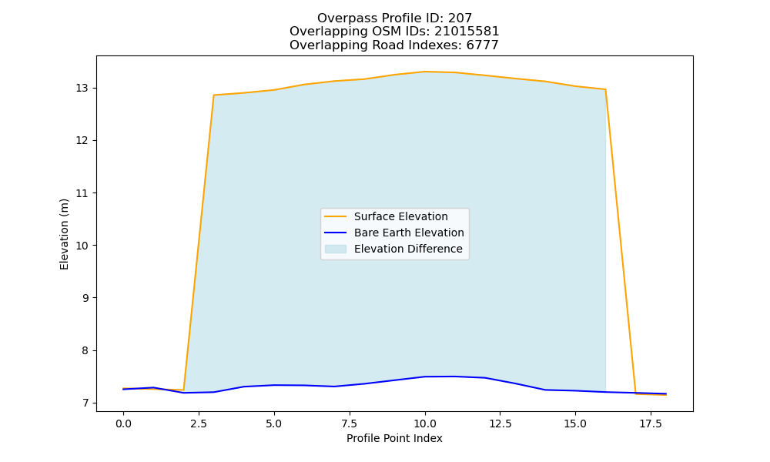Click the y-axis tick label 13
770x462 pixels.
[82, 89]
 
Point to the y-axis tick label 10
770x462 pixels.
[82, 246]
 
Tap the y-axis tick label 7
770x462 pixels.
[85, 403]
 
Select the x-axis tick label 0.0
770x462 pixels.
[123, 423]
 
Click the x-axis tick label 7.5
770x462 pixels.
[349, 423]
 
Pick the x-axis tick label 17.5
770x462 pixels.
[651, 423]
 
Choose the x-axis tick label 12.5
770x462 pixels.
[500, 423]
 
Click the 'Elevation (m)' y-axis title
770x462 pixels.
[64, 234]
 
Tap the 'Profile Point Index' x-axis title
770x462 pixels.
[394, 438]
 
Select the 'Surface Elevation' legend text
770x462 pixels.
[400, 216]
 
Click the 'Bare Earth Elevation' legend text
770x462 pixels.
[409, 233]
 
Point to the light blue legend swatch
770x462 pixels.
[336, 249]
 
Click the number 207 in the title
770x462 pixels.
[460, 18]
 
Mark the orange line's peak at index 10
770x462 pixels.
[425, 72]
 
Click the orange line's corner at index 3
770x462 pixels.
[213, 95]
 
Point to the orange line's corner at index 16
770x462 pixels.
[605, 89]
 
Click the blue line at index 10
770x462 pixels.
[425, 377]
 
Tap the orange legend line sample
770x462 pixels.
[336, 216]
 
